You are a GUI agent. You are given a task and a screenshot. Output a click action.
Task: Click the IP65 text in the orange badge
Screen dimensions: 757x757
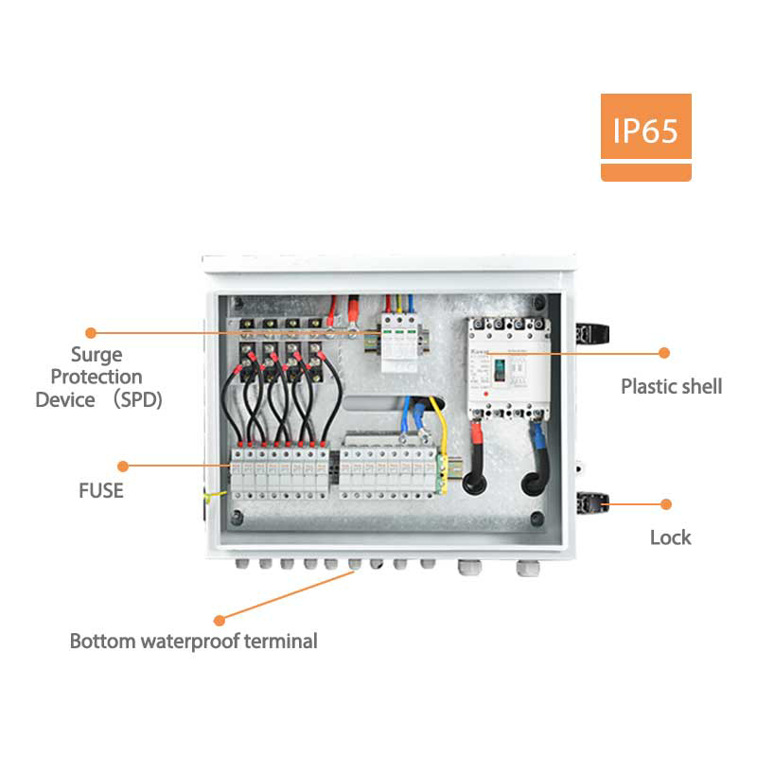pos(645,129)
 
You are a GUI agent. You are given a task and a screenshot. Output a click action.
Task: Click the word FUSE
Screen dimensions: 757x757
pos(101,491)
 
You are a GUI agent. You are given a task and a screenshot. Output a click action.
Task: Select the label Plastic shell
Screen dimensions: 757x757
pos(671,386)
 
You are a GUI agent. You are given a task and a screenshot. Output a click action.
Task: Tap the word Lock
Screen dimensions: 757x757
pos(670,537)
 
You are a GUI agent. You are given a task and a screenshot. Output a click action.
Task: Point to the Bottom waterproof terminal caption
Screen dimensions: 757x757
pos(193,642)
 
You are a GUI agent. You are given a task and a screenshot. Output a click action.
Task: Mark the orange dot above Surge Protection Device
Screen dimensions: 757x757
pos(91,333)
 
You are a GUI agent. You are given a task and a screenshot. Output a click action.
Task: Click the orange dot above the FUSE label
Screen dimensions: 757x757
pos(122,466)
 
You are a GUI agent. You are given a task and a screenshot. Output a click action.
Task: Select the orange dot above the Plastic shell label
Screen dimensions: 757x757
pos(664,353)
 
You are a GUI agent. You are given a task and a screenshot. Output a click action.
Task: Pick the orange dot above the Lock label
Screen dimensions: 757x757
pos(666,504)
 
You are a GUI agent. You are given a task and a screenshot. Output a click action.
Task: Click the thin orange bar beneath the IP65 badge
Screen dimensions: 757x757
pos(645,172)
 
